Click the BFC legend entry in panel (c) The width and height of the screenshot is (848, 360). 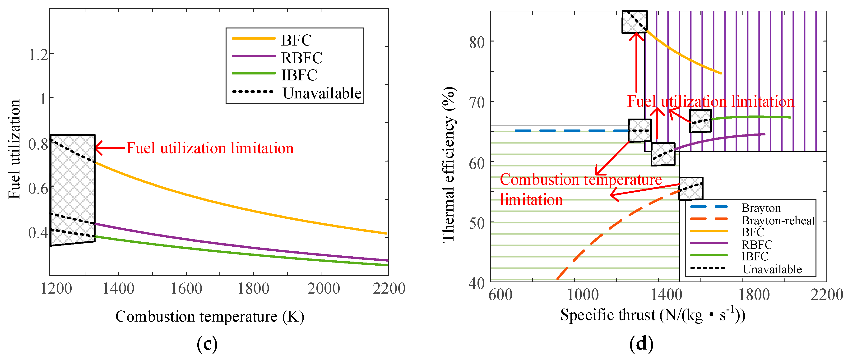click(296, 40)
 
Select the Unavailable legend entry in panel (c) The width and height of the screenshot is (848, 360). click(322, 93)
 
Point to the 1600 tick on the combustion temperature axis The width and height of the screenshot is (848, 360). click(186, 289)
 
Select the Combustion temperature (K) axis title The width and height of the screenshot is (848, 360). click(210, 317)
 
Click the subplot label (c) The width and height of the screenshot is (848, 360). click(207, 344)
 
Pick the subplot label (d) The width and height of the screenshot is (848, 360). click(641, 344)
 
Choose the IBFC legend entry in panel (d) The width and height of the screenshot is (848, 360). click(755, 256)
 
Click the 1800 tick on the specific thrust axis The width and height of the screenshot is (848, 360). click(754, 295)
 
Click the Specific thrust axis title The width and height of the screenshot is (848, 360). click(653, 315)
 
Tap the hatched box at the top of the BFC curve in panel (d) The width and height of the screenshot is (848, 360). click(634, 22)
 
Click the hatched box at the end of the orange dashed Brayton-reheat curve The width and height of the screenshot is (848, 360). click(691, 189)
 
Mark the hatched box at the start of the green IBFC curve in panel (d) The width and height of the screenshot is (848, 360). click(700, 121)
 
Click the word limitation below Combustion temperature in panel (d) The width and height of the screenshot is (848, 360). click(531, 200)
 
